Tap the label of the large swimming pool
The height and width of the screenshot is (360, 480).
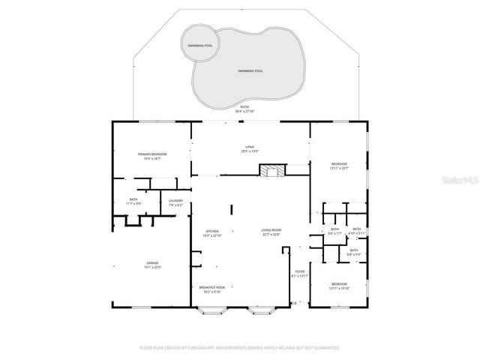click(x=250, y=70)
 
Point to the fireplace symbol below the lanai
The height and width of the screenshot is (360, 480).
click(x=272, y=171)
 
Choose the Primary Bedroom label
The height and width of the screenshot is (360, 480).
click(x=151, y=156)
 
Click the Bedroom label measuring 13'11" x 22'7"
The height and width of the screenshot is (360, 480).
click(x=340, y=165)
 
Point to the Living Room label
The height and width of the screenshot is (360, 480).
click(x=271, y=232)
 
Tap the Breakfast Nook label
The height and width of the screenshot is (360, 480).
click(x=211, y=289)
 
